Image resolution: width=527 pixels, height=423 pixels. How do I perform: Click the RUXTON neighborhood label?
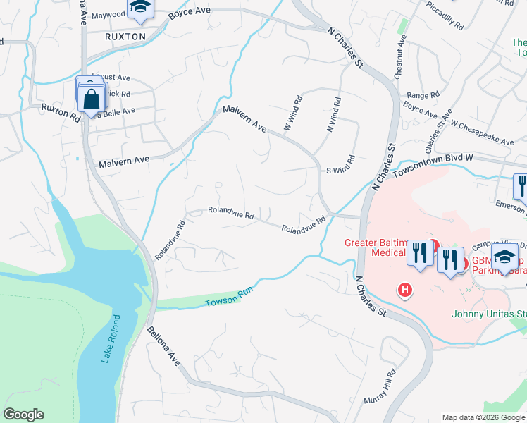(x=125, y=36)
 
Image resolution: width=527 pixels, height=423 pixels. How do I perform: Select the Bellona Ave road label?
(x=163, y=345)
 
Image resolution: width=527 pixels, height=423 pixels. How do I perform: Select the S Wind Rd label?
(x=339, y=170)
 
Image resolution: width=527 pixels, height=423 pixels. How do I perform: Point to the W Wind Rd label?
(x=292, y=113)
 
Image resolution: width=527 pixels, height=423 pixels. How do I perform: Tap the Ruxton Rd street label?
(x=61, y=111)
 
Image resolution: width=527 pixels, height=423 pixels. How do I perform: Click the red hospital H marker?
(x=405, y=289)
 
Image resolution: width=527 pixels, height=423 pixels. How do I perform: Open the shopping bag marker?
(x=92, y=98)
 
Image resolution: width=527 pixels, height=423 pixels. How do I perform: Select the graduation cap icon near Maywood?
(x=140, y=8)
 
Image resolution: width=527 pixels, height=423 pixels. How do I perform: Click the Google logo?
(x=24, y=415)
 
